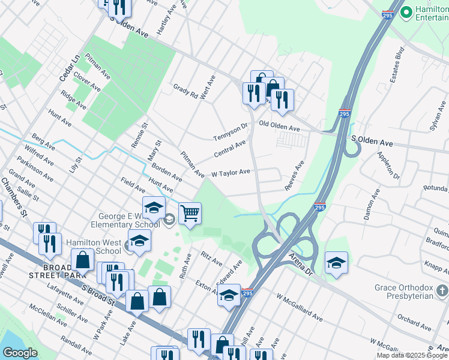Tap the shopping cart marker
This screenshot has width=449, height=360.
(190, 214)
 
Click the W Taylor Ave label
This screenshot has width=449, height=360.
(230, 172)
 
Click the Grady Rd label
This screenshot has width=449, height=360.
(185, 91)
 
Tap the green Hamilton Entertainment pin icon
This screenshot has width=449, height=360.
(406, 12)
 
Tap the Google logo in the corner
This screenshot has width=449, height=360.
(20, 353)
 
